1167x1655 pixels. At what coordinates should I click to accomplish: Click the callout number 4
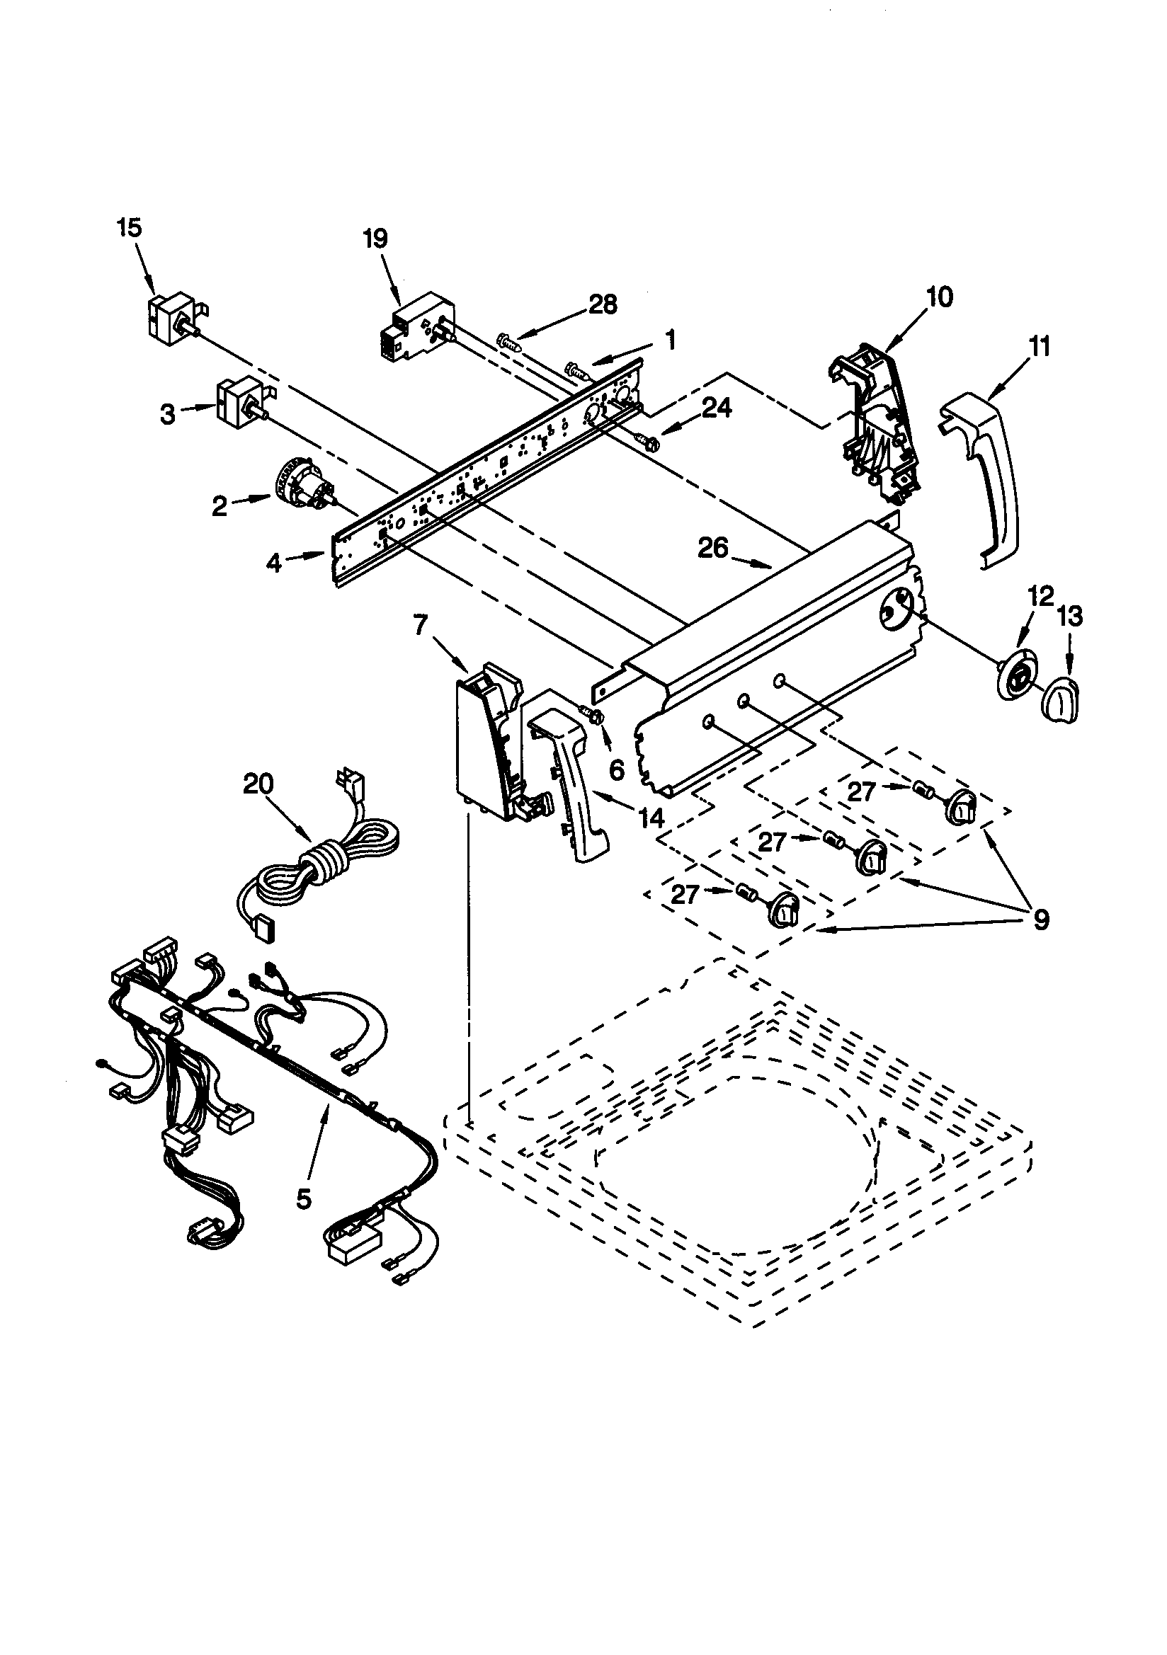tap(273, 563)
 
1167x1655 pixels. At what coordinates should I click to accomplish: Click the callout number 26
tap(712, 549)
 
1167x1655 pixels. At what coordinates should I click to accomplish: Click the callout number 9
tap(1040, 919)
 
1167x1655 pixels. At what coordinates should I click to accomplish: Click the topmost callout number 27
tap(861, 792)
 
